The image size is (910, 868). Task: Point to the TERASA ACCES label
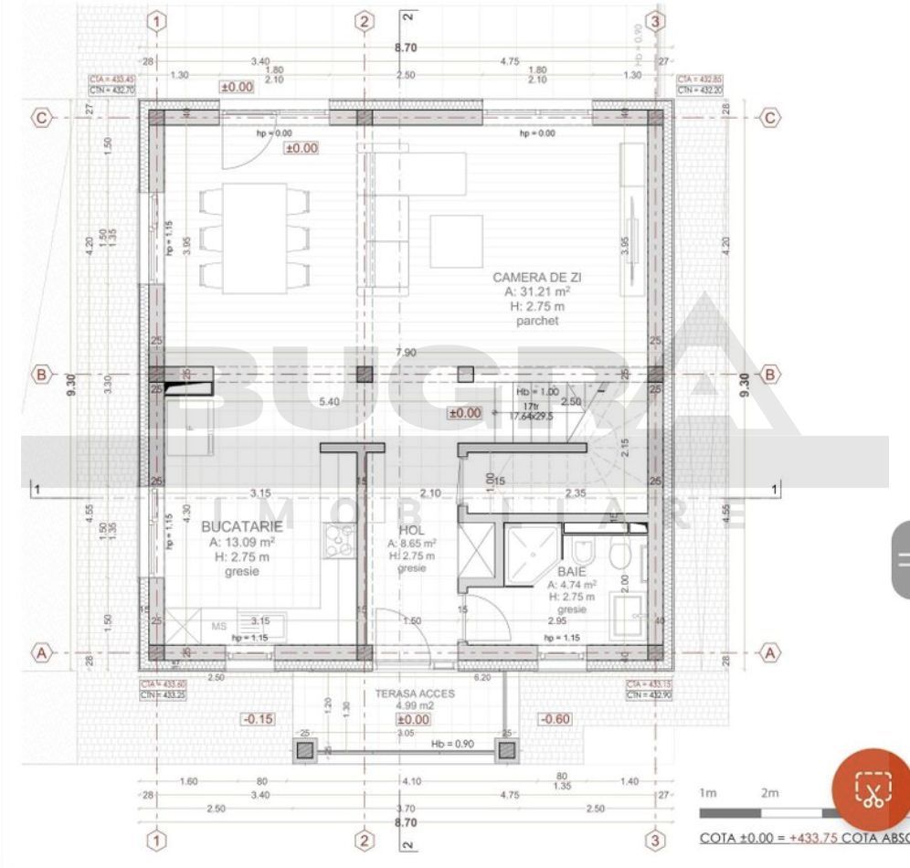tap(415, 693)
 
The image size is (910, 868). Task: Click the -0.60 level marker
tap(556, 719)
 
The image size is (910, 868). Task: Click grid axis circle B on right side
tap(769, 374)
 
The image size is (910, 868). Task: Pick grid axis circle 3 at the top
tap(654, 21)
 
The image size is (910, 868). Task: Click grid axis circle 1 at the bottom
tap(157, 840)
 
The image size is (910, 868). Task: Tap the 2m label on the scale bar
tap(770, 792)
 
